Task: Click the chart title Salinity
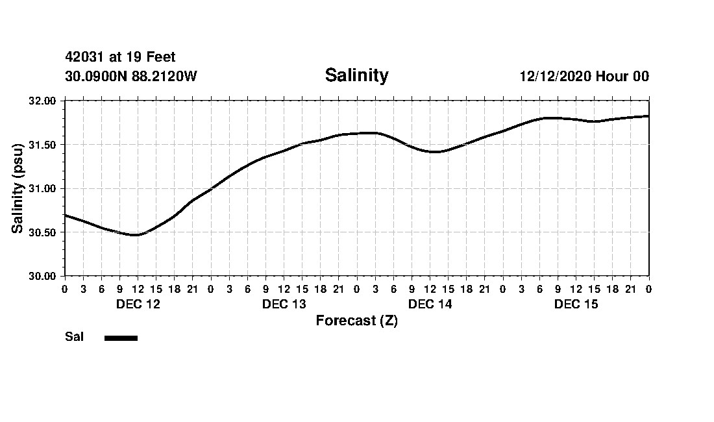click(356, 75)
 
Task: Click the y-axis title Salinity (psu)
click(18, 188)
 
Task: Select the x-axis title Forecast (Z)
click(356, 321)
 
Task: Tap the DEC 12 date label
click(138, 304)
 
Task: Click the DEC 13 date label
click(284, 304)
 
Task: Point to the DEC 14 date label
click(430, 304)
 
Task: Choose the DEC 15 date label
click(576, 304)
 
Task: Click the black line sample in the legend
click(121, 338)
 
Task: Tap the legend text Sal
click(74, 337)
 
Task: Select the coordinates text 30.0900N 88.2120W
click(130, 77)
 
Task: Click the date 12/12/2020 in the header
click(555, 77)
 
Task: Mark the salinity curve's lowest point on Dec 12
click(135, 235)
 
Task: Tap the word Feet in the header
click(161, 58)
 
